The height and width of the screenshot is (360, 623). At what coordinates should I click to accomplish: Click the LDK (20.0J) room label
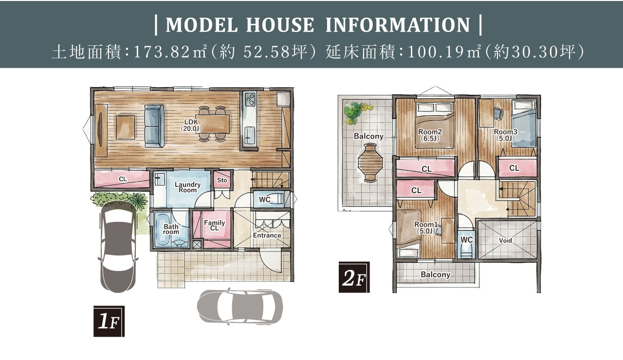(x=191, y=125)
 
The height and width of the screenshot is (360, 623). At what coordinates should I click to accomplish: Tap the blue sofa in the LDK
(x=154, y=126)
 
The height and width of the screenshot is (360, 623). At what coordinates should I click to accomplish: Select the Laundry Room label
(x=187, y=187)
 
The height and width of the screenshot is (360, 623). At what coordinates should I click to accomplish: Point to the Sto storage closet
(x=222, y=180)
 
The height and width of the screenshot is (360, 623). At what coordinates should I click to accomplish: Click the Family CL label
(x=215, y=225)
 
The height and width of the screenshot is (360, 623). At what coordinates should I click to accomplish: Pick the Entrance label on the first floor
(x=267, y=235)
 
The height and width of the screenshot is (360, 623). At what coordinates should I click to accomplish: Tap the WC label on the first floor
(x=264, y=199)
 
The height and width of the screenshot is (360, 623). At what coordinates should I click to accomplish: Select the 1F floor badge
(x=109, y=321)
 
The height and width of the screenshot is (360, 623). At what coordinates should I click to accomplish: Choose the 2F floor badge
(x=354, y=277)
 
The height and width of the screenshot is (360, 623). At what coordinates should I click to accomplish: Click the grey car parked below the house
(x=240, y=307)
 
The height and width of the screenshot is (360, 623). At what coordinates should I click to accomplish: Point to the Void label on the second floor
(x=505, y=240)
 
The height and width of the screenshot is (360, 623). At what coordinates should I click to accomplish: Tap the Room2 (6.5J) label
(x=430, y=135)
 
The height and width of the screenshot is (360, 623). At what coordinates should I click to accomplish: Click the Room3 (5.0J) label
(x=505, y=135)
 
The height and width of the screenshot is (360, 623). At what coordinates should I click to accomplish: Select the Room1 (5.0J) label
(x=426, y=227)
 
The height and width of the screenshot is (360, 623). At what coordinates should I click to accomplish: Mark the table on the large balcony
(x=370, y=162)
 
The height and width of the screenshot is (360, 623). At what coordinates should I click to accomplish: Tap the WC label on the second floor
(x=466, y=240)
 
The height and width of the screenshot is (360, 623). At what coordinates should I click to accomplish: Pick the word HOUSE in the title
(x=280, y=25)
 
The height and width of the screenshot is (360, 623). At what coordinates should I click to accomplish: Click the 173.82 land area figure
(x=162, y=52)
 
